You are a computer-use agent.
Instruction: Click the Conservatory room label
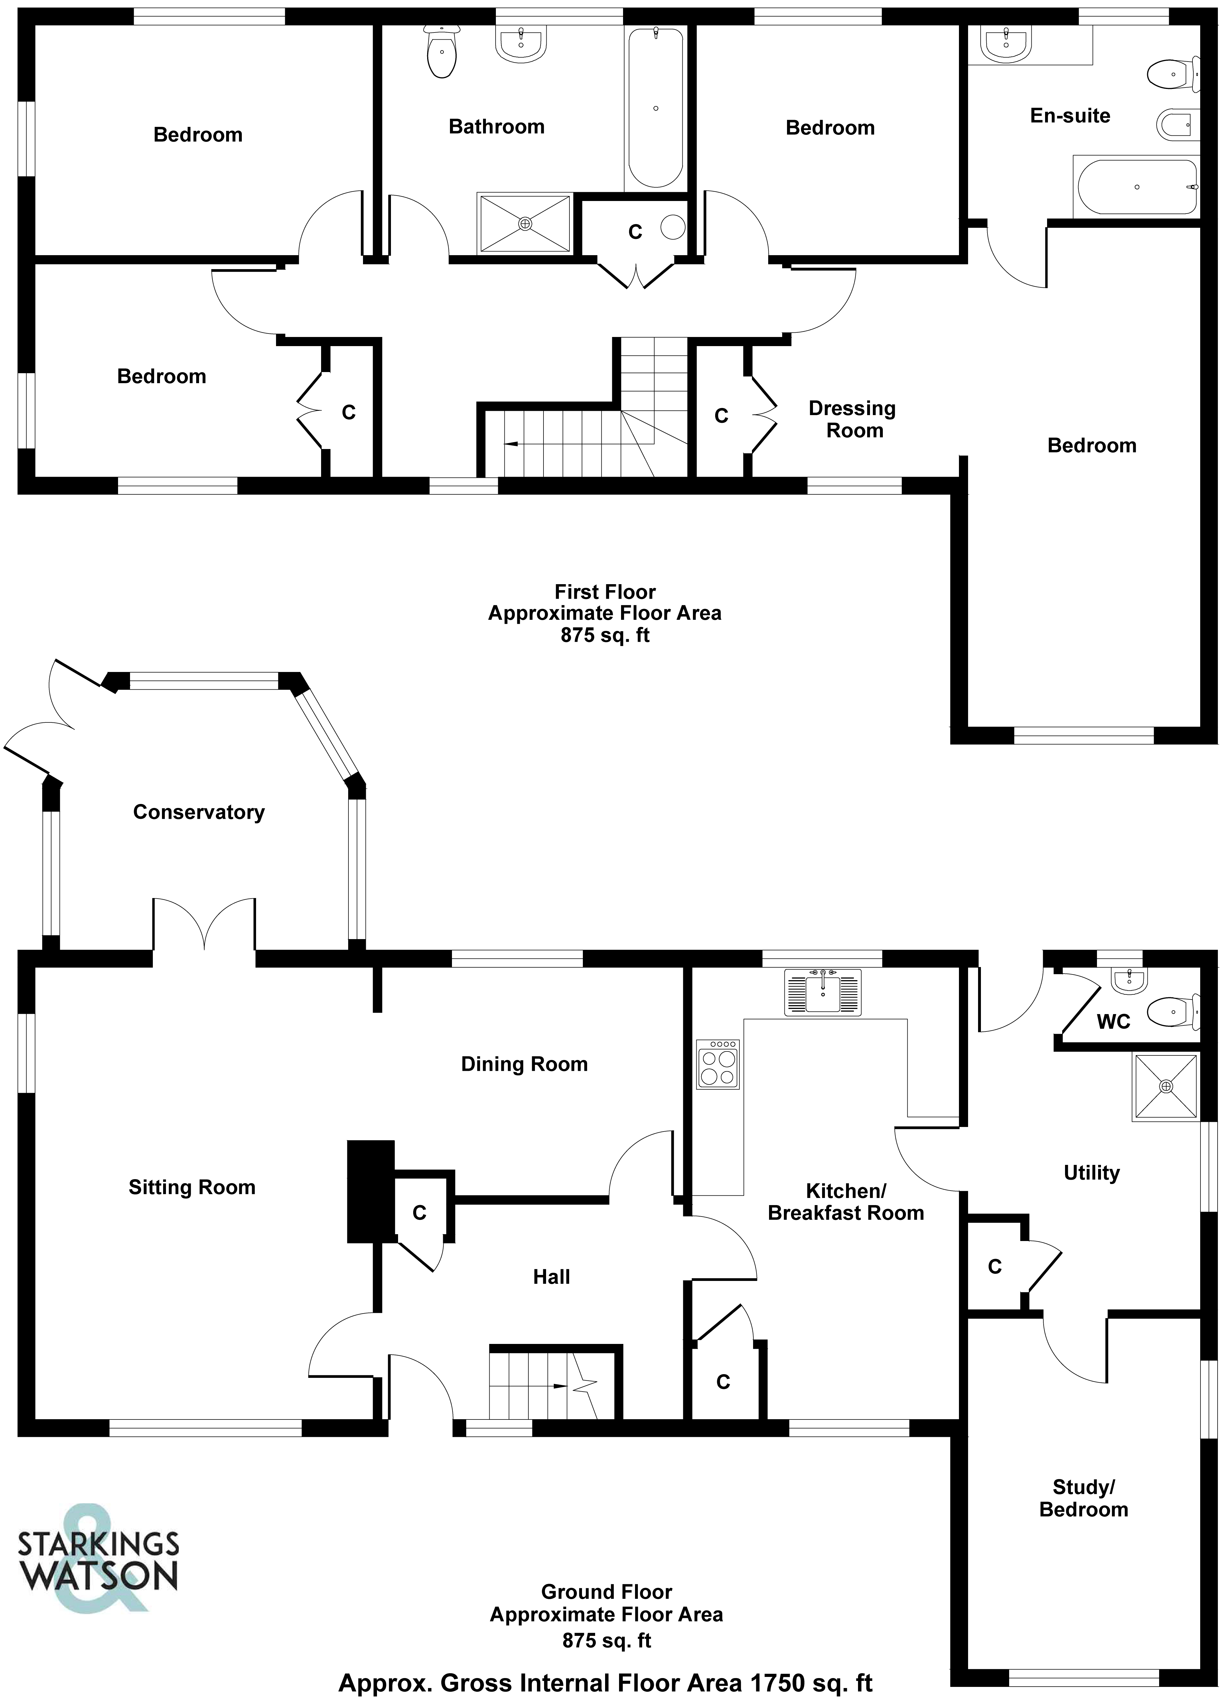[199, 813]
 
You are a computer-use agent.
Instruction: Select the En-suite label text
[1070, 116]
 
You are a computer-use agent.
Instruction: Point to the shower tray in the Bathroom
[524, 224]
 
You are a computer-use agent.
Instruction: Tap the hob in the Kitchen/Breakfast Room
[718, 1064]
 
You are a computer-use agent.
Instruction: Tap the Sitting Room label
[192, 1187]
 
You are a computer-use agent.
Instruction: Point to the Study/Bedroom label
[1084, 1498]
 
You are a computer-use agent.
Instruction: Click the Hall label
[551, 1276]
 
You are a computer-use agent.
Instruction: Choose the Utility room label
[1091, 1173]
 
